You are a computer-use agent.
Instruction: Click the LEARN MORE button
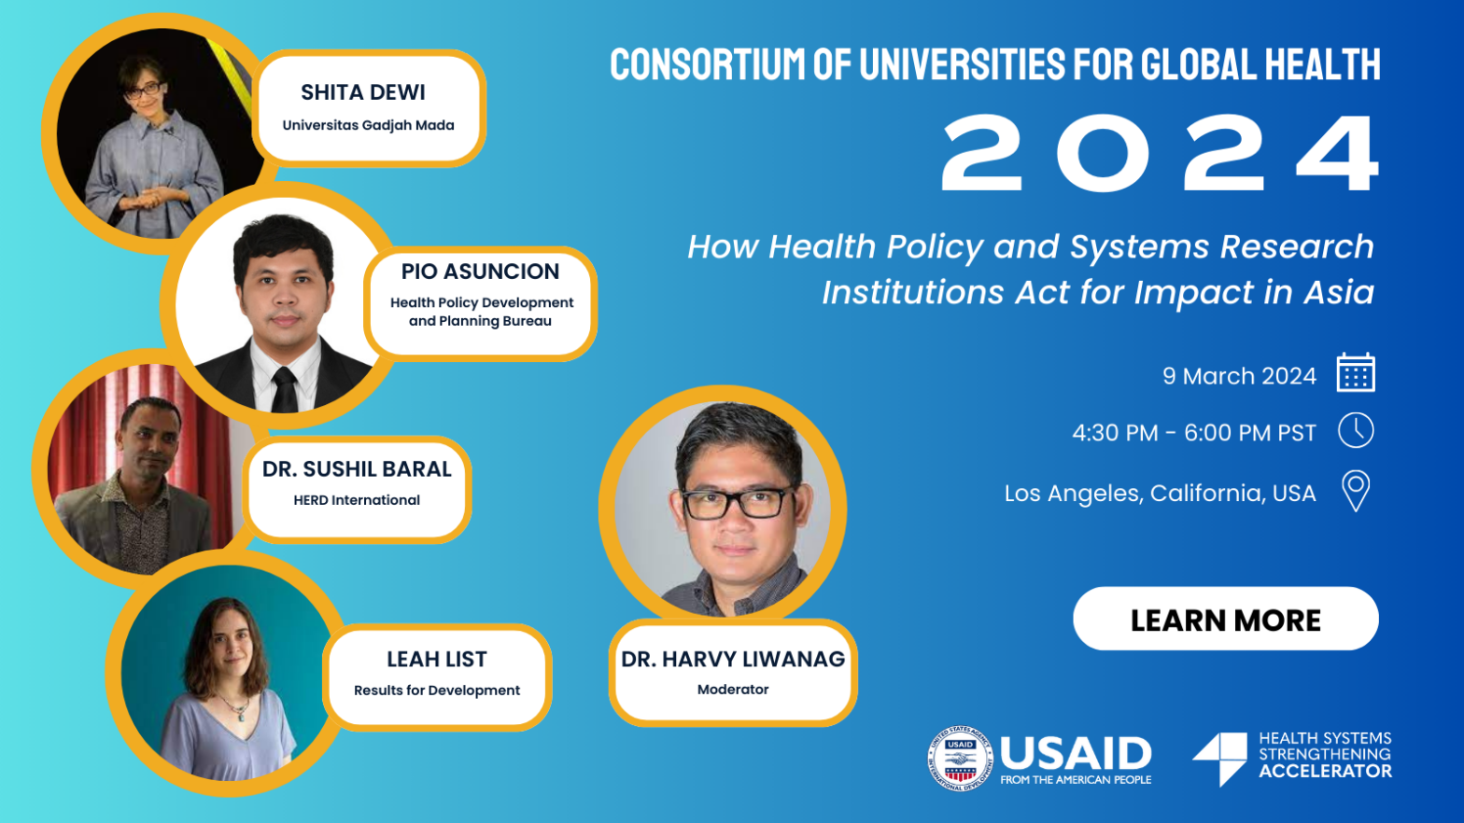tap(1225, 619)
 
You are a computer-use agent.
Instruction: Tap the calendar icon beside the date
tap(1356, 372)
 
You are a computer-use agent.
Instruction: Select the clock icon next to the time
tap(1356, 430)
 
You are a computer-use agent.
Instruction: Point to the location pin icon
tap(1356, 491)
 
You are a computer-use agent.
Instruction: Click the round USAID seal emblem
tap(960, 759)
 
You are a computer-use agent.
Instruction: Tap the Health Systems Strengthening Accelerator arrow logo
tap(1220, 758)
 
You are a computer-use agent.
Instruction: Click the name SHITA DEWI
tap(362, 92)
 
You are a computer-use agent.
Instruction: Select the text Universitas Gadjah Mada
tap(368, 125)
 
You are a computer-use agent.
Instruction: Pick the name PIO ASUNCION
tap(480, 271)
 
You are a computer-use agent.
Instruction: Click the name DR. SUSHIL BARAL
tap(357, 469)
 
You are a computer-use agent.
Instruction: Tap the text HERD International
tap(357, 500)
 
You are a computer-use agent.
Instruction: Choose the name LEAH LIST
tap(437, 659)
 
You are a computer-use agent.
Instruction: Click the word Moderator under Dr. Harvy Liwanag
tap(733, 689)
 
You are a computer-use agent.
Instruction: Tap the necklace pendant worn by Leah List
tap(242, 715)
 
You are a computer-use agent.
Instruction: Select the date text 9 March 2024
tap(1239, 376)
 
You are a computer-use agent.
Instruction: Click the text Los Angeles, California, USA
tap(1160, 493)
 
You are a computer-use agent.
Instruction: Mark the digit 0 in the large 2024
tap(1103, 153)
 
